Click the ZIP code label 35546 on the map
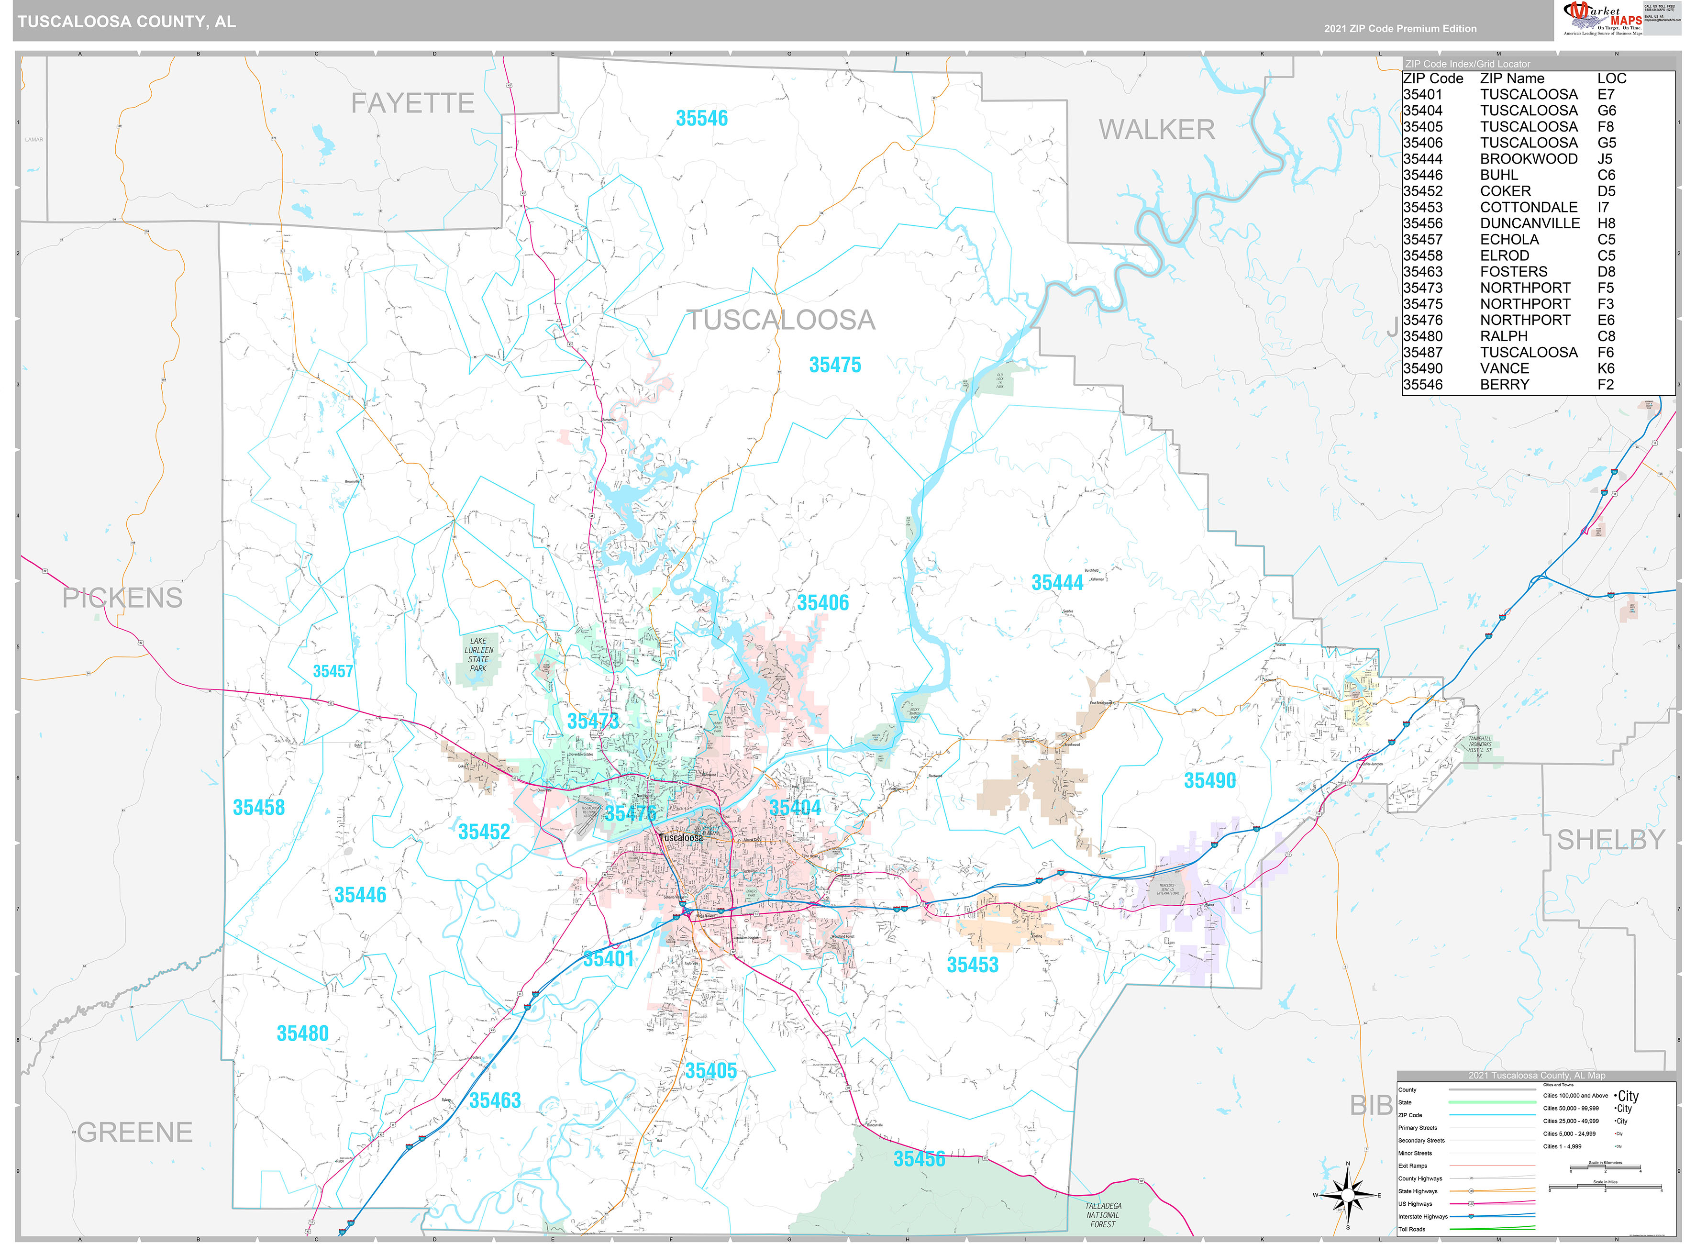click(x=701, y=118)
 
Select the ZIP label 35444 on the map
click(x=1057, y=583)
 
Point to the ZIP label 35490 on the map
click(x=1210, y=781)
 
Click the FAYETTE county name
click(x=412, y=103)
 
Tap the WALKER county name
click(x=1156, y=130)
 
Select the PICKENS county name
click(x=122, y=598)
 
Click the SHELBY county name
click(x=1610, y=840)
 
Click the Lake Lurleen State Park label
click(x=479, y=655)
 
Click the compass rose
click(x=1347, y=1195)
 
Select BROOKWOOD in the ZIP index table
click(x=1528, y=159)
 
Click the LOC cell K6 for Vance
click(x=1606, y=368)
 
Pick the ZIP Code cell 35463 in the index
click(x=1423, y=272)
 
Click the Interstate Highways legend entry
click(x=1423, y=1216)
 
